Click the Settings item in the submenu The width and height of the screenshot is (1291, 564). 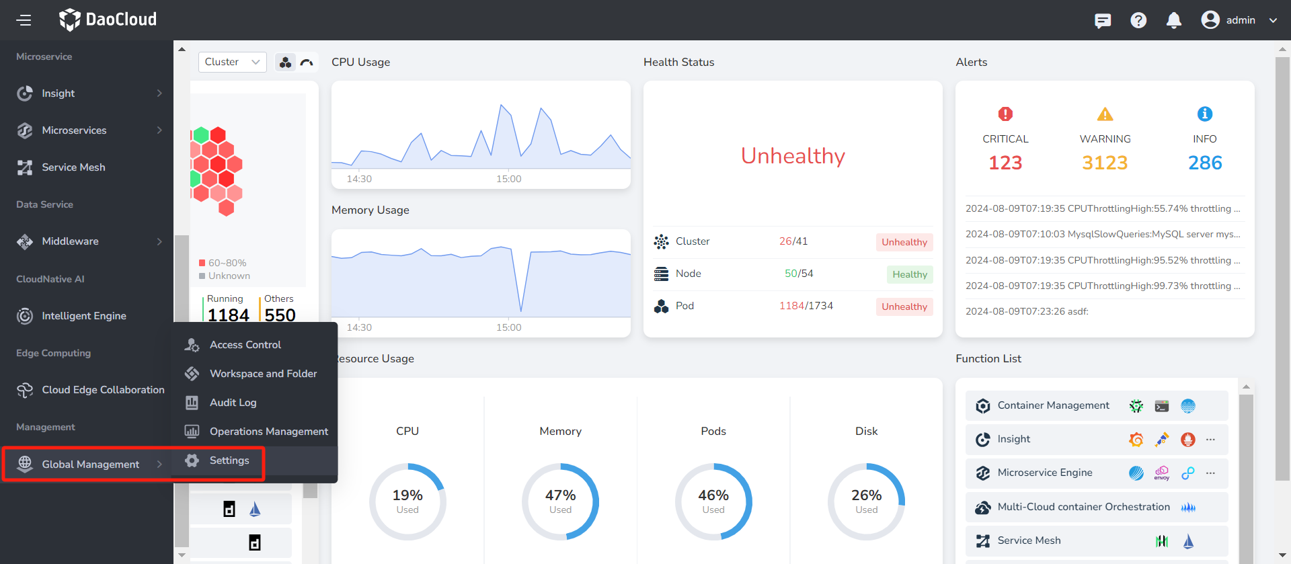click(229, 460)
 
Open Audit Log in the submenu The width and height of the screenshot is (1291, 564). click(233, 403)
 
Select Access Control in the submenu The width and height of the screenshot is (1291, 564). click(245, 345)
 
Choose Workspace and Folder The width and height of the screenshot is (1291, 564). click(263, 374)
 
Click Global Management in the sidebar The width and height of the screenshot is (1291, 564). click(90, 465)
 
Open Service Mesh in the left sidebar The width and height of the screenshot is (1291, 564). click(73, 167)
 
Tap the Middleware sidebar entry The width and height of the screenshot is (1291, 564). click(70, 241)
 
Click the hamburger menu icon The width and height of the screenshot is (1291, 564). click(24, 20)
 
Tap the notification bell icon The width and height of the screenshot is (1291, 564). click(1173, 20)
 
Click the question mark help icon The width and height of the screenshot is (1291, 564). click(1138, 20)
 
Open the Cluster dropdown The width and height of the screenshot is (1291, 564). click(232, 62)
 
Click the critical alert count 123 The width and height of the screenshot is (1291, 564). click(1005, 163)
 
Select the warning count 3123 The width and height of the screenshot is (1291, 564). click(1105, 163)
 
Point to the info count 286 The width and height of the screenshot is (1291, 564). click(1205, 163)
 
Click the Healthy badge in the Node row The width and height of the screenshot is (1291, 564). click(909, 274)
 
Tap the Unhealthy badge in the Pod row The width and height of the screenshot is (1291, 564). click(904, 307)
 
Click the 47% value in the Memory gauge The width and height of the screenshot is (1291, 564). click(560, 495)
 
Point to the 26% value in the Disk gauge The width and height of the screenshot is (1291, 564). click(866, 495)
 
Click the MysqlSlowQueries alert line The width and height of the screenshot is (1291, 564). click(1103, 234)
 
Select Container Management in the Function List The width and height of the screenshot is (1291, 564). click(1053, 405)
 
